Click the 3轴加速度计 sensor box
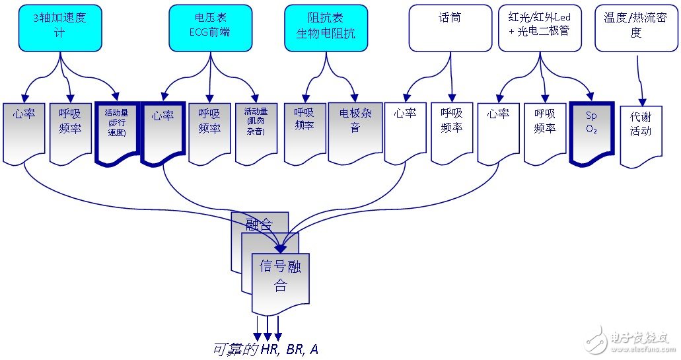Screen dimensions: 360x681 click(59, 28)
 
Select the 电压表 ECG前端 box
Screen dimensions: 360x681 click(209, 28)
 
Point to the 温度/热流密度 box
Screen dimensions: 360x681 click(636, 28)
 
